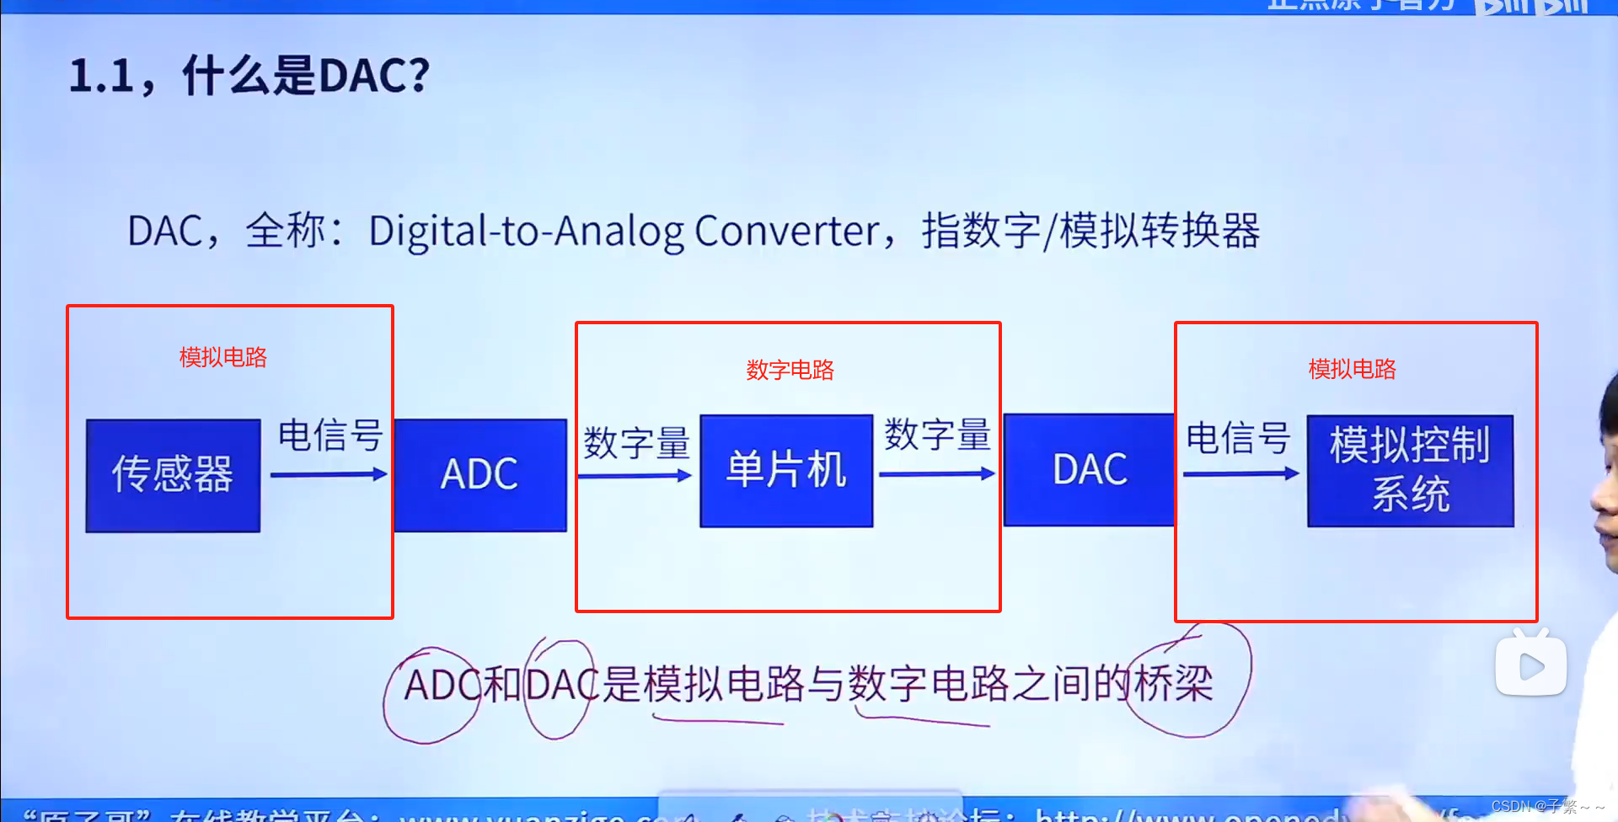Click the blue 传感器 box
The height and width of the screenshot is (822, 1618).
(x=173, y=475)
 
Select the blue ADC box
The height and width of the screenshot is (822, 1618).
(x=480, y=475)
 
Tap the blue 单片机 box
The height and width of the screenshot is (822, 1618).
(x=786, y=471)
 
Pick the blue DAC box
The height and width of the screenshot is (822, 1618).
(x=1089, y=470)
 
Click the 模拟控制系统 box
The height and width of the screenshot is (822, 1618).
(x=1410, y=471)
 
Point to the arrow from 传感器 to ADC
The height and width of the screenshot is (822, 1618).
(x=329, y=475)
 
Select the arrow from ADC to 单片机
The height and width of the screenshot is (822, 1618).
(x=635, y=477)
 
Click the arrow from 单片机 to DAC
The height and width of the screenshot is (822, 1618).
(x=936, y=474)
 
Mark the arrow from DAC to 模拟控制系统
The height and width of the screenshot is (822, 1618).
(x=1240, y=474)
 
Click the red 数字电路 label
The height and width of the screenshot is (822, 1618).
(x=790, y=370)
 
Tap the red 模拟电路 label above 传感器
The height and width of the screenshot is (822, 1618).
(x=223, y=357)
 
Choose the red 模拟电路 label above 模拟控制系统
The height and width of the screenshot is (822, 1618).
(x=1352, y=369)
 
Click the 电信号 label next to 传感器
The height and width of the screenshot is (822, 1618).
(x=330, y=435)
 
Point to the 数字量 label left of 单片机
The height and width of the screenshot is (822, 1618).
(x=636, y=443)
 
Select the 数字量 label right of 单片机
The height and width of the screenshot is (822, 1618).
(x=937, y=435)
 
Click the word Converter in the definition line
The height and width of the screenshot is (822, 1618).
(x=787, y=231)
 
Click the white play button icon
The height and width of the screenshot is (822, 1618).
(x=1530, y=667)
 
